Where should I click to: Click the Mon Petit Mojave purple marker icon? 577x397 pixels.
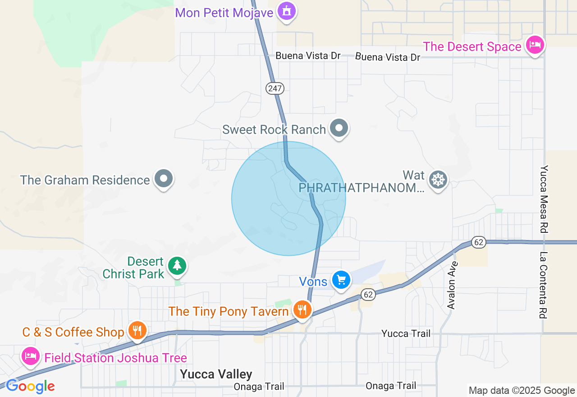pyautogui.click(x=287, y=11)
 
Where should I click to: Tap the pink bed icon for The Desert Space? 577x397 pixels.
pyautogui.click(x=535, y=45)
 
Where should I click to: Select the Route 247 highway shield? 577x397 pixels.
pyautogui.click(x=275, y=88)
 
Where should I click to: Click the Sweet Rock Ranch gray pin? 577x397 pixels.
pyautogui.click(x=339, y=128)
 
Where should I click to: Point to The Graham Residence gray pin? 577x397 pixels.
pyautogui.click(x=164, y=179)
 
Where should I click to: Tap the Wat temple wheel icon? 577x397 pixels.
pyautogui.click(x=438, y=180)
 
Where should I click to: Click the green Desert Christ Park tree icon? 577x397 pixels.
pyautogui.click(x=177, y=266)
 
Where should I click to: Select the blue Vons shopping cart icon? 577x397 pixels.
pyautogui.click(x=341, y=280)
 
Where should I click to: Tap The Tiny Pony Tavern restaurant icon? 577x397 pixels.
pyautogui.click(x=302, y=310)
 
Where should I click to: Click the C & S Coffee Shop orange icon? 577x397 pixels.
pyautogui.click(x=137, y=331)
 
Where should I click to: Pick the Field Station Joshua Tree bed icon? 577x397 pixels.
pyautogui.click(x=30, y=356)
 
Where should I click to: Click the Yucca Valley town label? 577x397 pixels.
pyautogui.click(x=216, y=374)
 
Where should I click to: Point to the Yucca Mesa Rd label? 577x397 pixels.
pyautogui.click(x=545, y=199)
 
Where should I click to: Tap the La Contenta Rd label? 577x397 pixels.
pyautogui.click(x=545, y=285)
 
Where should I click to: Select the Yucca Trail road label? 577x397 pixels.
pyautogui.click(x=406, y=333)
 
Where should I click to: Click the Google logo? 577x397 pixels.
pyautogui.click(x=30, y=387)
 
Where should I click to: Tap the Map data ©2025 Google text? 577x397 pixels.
pyautogui.click(x=522, y=391)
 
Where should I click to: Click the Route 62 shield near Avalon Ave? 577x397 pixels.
pyautogui.click(x=479, y=242)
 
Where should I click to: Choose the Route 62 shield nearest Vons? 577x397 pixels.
pyautogui.click(x=368, y=295)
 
